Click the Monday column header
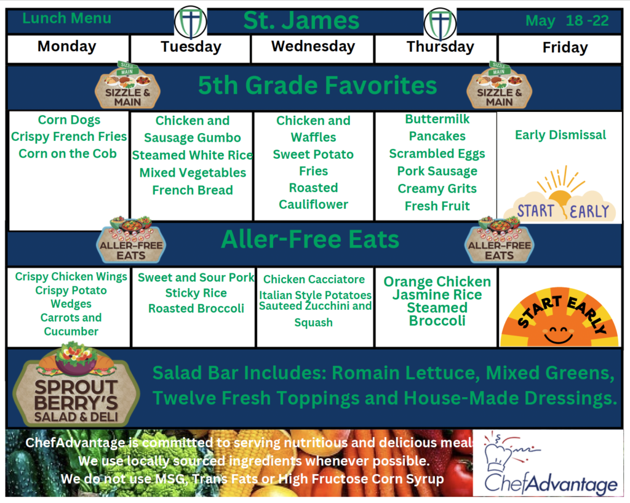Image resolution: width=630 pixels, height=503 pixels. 66,47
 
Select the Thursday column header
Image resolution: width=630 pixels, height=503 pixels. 441,47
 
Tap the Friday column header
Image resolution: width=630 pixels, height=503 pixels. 565,47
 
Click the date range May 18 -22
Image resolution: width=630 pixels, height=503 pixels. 567,20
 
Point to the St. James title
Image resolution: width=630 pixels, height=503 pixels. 301,20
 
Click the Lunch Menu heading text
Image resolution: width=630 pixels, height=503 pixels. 66,18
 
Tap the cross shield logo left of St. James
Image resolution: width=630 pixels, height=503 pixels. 191,22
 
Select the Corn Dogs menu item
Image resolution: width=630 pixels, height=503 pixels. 69,120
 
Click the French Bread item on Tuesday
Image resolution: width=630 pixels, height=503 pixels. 193,190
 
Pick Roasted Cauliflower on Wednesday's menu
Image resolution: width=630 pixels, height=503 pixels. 313,196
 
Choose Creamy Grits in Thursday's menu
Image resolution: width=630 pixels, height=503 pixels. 437,188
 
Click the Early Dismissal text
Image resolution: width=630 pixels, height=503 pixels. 560,135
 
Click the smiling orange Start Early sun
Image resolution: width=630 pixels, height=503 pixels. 559,317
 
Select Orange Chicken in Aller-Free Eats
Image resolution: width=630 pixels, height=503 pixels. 437,281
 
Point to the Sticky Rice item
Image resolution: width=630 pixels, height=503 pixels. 196,293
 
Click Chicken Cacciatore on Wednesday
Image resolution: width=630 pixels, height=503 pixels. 314,279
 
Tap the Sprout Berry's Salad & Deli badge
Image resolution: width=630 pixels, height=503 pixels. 76,385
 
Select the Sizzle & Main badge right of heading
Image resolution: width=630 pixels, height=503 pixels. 500,85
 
